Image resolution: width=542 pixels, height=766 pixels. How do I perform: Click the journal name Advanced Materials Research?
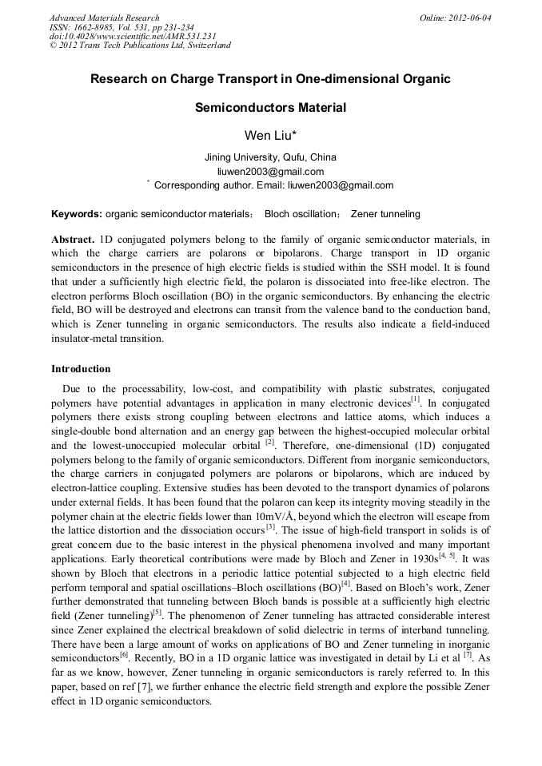[104, 18]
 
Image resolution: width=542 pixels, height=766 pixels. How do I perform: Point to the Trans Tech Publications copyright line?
[140, 45]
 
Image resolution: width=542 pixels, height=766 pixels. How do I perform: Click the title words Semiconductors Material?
[270, 108]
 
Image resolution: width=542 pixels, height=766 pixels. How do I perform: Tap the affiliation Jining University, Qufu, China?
[270, 157]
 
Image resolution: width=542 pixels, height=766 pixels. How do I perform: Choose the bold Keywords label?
[77, 214]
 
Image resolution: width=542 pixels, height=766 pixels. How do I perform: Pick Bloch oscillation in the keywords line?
[301, 214]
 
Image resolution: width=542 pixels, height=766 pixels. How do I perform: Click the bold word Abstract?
[73, 240]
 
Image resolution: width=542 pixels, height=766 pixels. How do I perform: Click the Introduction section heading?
[81, 369]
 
